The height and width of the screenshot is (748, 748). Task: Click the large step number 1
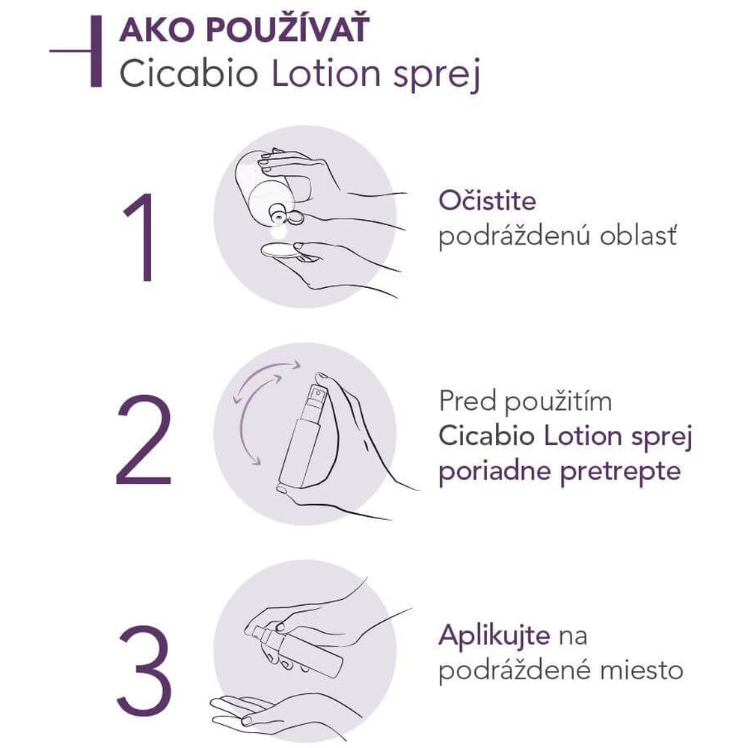tap(141, 237)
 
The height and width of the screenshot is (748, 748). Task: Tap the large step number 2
tap(144, 439)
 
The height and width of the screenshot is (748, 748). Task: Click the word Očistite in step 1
tap(487, 200)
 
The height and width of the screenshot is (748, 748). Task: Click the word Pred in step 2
tap(467, 401)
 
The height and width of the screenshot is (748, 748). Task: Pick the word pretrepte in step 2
tap(621, 472)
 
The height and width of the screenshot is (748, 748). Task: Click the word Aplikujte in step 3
tap(494, 637)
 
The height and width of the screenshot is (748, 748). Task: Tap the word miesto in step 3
tap(642, 670)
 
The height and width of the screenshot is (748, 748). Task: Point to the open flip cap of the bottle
tap(295, 217)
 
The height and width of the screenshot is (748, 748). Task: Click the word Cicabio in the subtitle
tap(189, 74)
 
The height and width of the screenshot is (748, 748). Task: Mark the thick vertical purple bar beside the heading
tap(96, 51)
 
